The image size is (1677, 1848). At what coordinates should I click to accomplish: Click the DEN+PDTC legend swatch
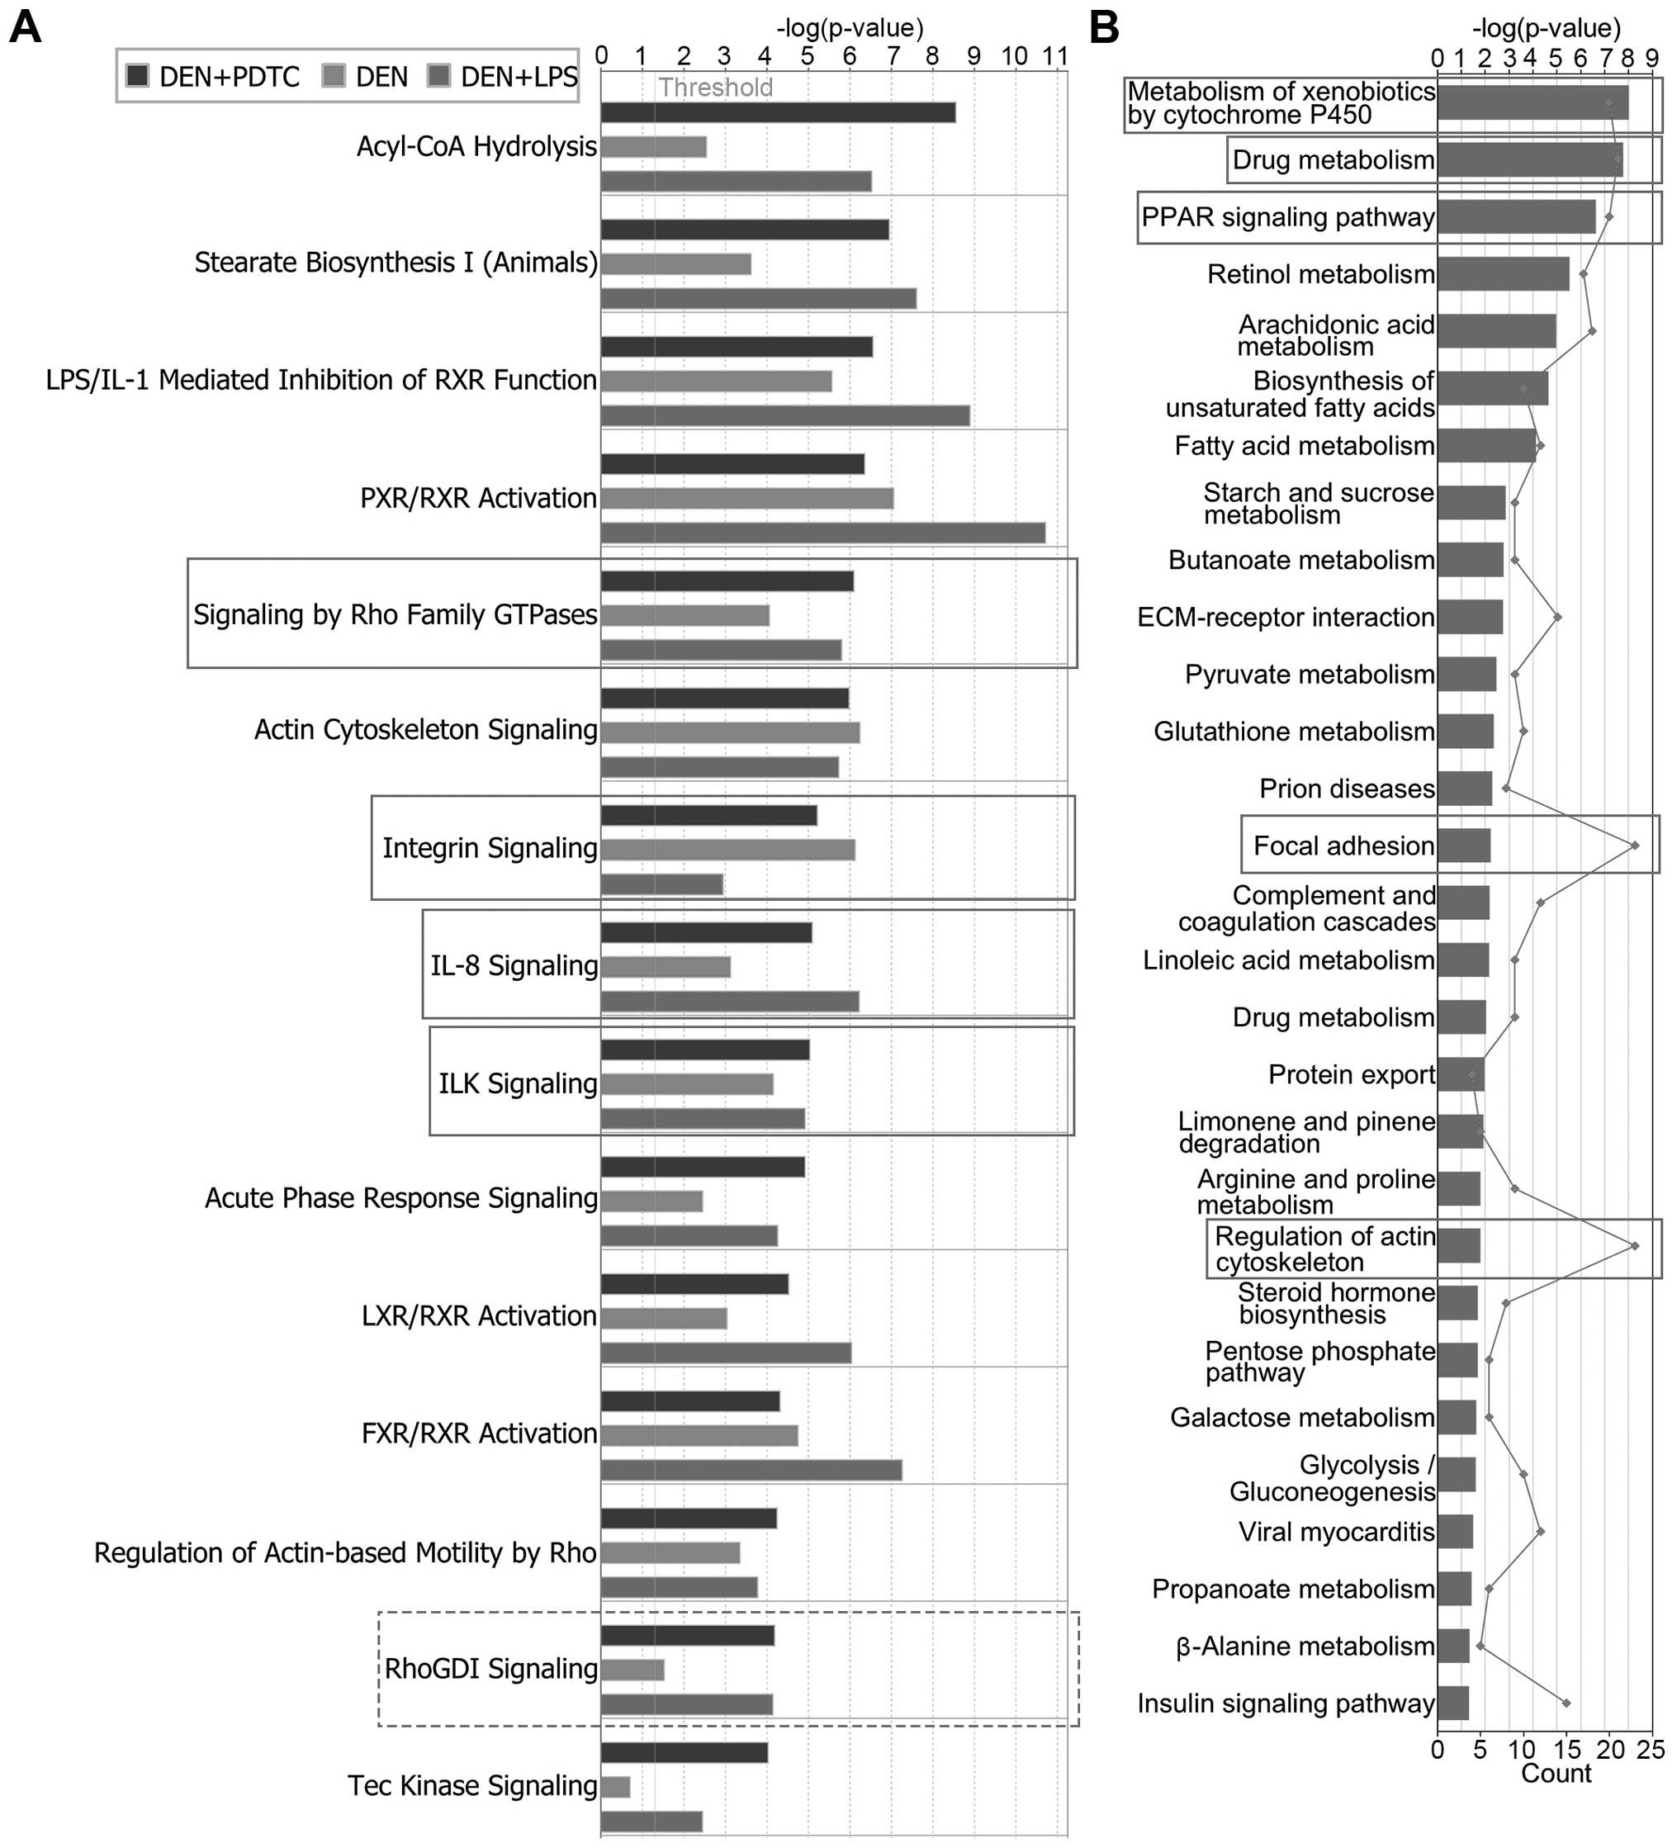[137, 76]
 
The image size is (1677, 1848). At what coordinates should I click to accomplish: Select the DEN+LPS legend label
[519, 77]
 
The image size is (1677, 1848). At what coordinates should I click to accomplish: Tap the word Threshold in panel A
[716, 88]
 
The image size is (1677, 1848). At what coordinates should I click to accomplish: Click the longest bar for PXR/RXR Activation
[823, 533]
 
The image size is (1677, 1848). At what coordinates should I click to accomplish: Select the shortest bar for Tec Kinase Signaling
[616, 1787]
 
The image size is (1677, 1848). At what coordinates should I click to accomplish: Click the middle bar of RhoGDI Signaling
[632, 1670]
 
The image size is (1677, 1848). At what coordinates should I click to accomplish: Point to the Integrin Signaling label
[490, 848]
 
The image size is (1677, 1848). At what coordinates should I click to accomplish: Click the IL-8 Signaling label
[514, 965]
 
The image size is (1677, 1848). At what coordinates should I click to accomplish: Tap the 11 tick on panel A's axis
[1056, 56]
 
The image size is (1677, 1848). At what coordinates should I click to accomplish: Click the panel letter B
[1104, 27]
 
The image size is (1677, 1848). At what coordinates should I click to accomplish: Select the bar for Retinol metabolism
[1503, 274]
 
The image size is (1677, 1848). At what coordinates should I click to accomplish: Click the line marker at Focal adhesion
[1635, 846]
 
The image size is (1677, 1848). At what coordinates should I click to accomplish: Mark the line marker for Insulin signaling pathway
[1566, 1703]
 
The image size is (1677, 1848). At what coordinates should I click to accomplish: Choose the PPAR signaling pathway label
[1287, 217]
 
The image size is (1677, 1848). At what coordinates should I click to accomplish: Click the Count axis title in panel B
[1556, 1774]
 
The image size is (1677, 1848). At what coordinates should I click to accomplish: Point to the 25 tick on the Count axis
[1651, 1750]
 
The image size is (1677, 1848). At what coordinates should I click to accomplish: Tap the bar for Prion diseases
[1465, 789]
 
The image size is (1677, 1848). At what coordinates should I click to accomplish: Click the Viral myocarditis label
[1336, 1532]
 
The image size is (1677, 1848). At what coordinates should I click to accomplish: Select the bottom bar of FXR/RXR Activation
[751, 1471]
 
